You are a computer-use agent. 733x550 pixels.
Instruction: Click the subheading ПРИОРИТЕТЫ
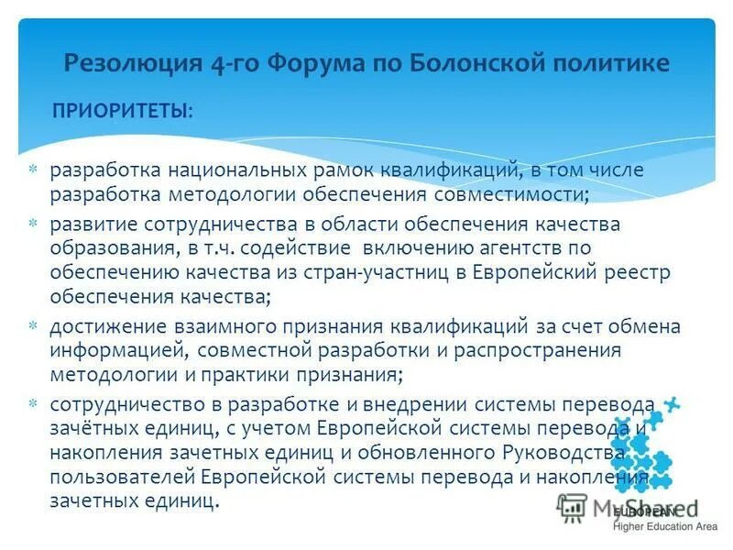123,111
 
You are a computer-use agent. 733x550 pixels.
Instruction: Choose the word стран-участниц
368,272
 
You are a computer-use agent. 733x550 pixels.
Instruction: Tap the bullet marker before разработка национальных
31,170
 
